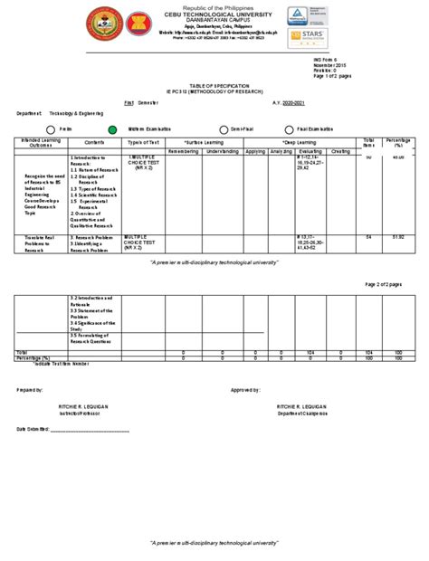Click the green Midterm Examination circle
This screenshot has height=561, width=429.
click(x=112, y=129)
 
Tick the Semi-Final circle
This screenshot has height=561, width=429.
click(x=224, y=129)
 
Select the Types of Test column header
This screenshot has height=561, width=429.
click(x=144, y=143)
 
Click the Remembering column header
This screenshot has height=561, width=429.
click(x=183, y=151)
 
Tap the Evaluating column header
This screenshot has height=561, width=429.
click(x=310, y=151)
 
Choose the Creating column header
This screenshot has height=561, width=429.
click(x=341, y=151)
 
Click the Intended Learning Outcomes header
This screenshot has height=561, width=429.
click(x=42, y=145)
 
